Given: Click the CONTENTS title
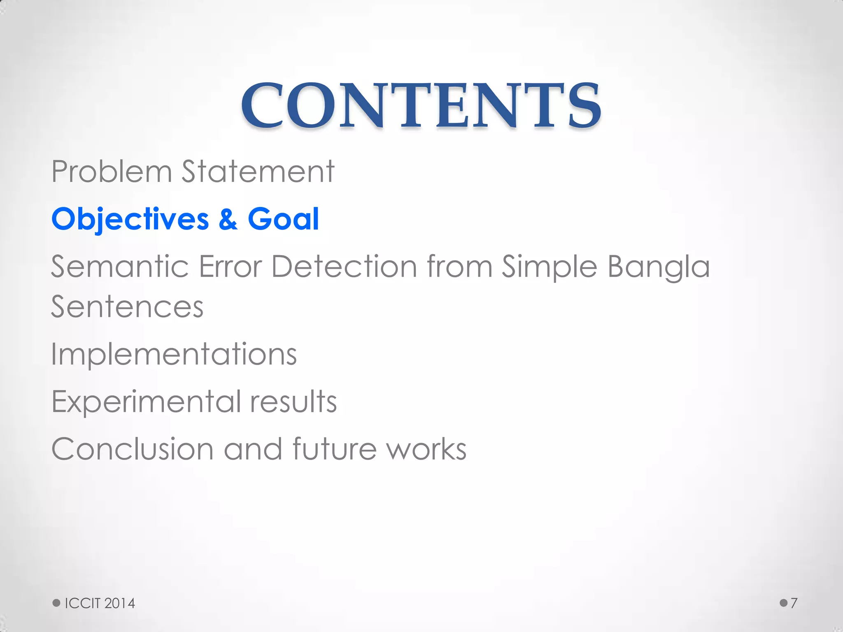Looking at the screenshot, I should click(421, 105).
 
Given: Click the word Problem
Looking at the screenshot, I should click(111, 172).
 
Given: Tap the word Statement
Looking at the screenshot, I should click(258, 172).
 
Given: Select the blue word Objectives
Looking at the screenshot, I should click(130, 219).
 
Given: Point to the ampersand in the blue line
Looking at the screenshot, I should click(228, 219).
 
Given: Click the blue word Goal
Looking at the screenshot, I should click(283, 219).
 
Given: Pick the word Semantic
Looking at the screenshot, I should click(120, 267).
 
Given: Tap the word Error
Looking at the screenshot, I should click(230, 267).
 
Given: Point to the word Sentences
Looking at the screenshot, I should click(127, 307).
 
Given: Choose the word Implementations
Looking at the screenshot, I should click(174, 355).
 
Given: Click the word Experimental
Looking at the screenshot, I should click(146, 402).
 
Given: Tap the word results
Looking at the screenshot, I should click(293, 402).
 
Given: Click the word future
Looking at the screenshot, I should click(334, 449).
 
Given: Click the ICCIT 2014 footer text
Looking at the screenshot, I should click(100, 603).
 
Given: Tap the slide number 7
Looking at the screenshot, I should click(794, 603).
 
